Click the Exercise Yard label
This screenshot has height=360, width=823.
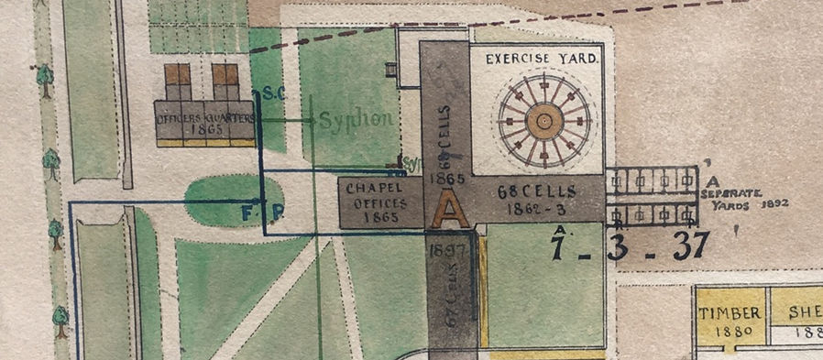(x=543, y=59)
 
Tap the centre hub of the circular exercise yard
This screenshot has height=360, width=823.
(x=543, y=120)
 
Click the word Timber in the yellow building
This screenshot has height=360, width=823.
(x=730, y=312)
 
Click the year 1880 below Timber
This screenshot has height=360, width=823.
(x=730, y=331)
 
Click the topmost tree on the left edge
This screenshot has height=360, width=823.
(x=44, y=79)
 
